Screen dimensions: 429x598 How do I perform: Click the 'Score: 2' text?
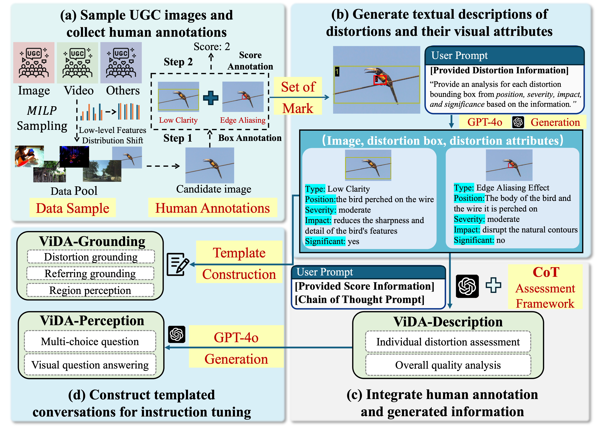tap(212, 47)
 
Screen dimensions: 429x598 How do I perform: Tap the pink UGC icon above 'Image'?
tap(34, 63)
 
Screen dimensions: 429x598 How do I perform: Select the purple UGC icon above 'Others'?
tap(121, 63)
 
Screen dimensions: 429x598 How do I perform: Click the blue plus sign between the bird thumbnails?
tap(211, 98)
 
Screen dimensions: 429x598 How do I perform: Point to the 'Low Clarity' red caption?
tap(178, 120)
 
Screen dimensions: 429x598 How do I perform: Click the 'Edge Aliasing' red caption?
tap(243, 120)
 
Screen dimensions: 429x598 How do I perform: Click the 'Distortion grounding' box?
tap(91, 257)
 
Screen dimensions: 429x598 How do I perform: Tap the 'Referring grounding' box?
tap(90, 273)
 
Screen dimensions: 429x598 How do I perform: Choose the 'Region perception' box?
tap(90, 290)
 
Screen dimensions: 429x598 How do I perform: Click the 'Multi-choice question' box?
tap(90, 341)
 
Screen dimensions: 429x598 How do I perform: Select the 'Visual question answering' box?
tap(90, 365)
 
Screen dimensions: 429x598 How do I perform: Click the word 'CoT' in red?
tap(546, 272)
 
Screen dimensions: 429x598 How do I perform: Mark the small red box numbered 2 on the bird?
tap(380, 80)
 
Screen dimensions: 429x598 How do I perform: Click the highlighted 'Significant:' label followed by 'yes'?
tap(325, 241)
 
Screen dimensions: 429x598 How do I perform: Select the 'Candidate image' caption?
tap(213, 189)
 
